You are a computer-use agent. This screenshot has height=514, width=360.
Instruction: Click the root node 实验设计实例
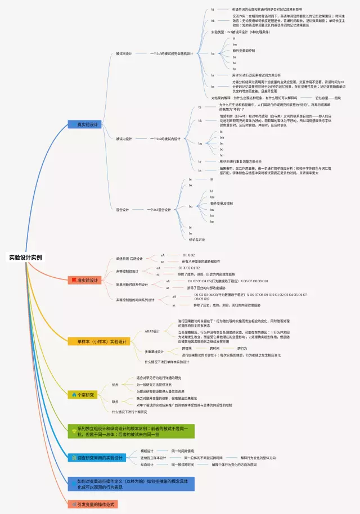[25, 258]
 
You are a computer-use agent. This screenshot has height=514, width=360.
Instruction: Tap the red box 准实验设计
[85, 279]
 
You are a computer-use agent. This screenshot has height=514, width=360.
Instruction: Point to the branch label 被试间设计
[124, 54]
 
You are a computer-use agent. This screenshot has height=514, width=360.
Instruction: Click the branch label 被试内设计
[124, 138]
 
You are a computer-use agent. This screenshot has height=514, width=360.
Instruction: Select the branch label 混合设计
[122, 210]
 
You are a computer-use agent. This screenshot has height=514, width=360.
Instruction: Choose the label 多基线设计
[154, 351]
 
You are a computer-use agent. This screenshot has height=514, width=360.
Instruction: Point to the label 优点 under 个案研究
[115, 385]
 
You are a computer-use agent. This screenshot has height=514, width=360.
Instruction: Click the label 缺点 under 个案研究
[115, 402]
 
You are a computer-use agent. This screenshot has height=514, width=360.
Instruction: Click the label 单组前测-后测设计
[129, 259]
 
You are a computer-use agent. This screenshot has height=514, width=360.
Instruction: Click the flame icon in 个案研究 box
[74, 395]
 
